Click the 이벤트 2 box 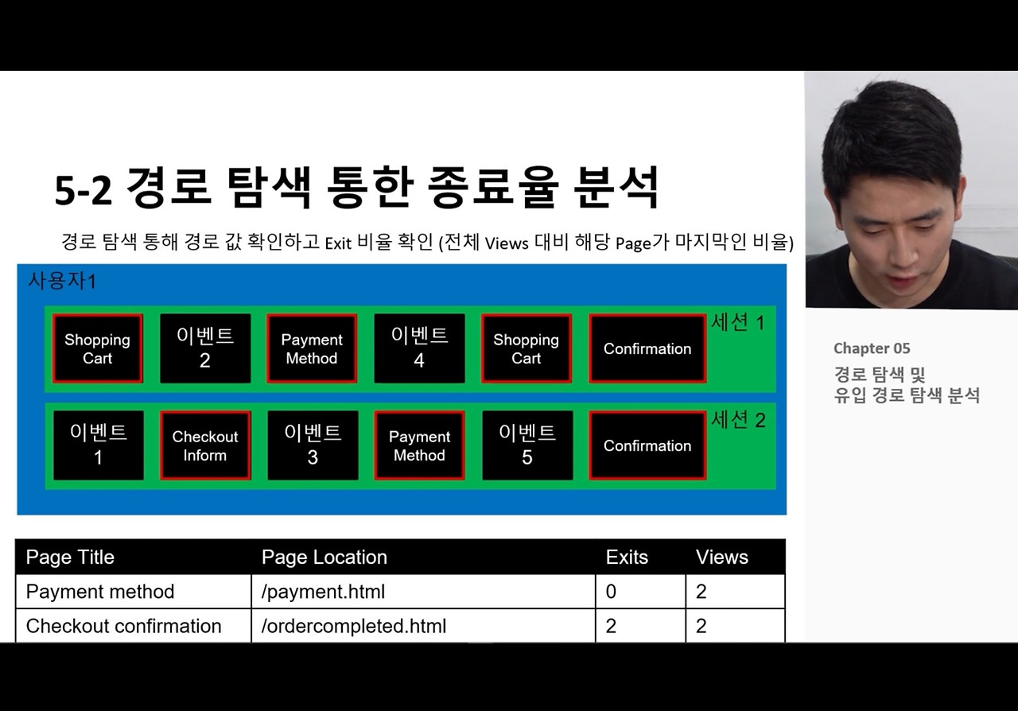click(205, 348)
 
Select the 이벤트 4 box click(420, 348)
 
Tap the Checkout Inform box click(205, 445)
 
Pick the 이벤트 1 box click(98, 445)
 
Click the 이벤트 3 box click(313, 445)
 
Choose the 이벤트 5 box click(527, 445)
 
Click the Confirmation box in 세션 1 click(647, 348)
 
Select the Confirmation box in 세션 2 click(647, 445)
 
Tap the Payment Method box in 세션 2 click(419, 445)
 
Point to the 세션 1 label click(738, 323)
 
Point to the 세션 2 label click(738, 420)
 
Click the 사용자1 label click(62, 281)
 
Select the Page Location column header click(324, 558)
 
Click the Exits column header click(627, 558)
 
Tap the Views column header click(722, 558)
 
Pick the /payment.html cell click(323, 592)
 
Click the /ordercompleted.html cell click(354, 626)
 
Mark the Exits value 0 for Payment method click(611, 592)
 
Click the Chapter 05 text click(872, 348)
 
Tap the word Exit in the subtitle click(337, 243)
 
